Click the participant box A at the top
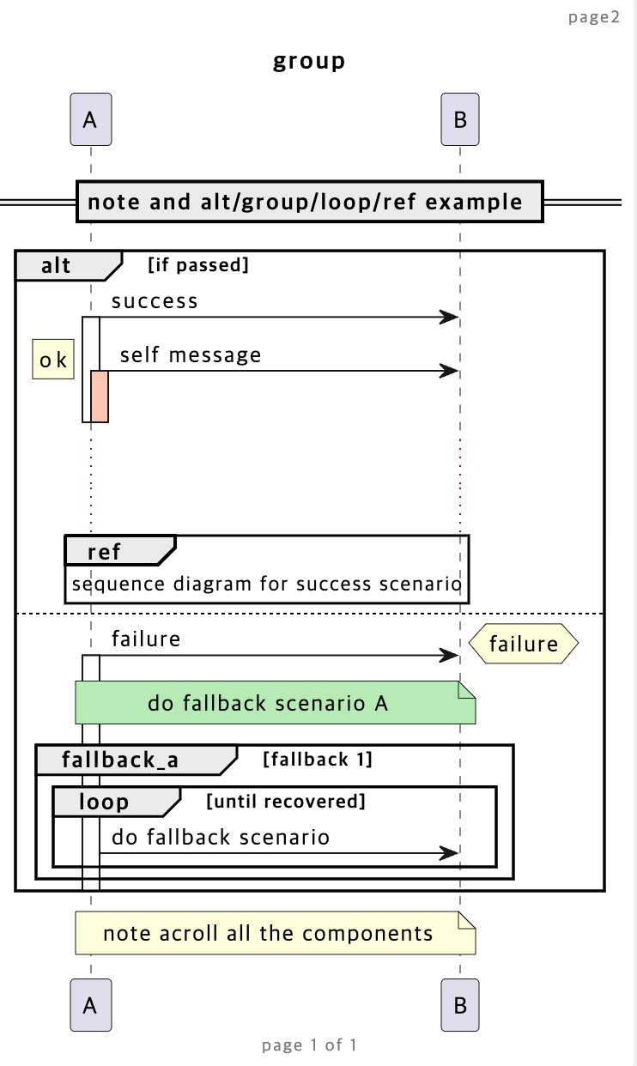pos(90,120)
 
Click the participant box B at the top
pos(459,120)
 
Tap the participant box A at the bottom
pos(90,1005)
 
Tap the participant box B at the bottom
pos(459,1005)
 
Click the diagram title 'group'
pos(309,62)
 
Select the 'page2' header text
pos(593,17)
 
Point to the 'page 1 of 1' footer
pos(309,1045)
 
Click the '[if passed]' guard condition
pos(198,265)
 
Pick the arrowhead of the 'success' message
pos(449,317)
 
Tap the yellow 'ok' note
pos(53,360)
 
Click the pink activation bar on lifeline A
pos(100,396)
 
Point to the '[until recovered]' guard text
pos(286,802)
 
